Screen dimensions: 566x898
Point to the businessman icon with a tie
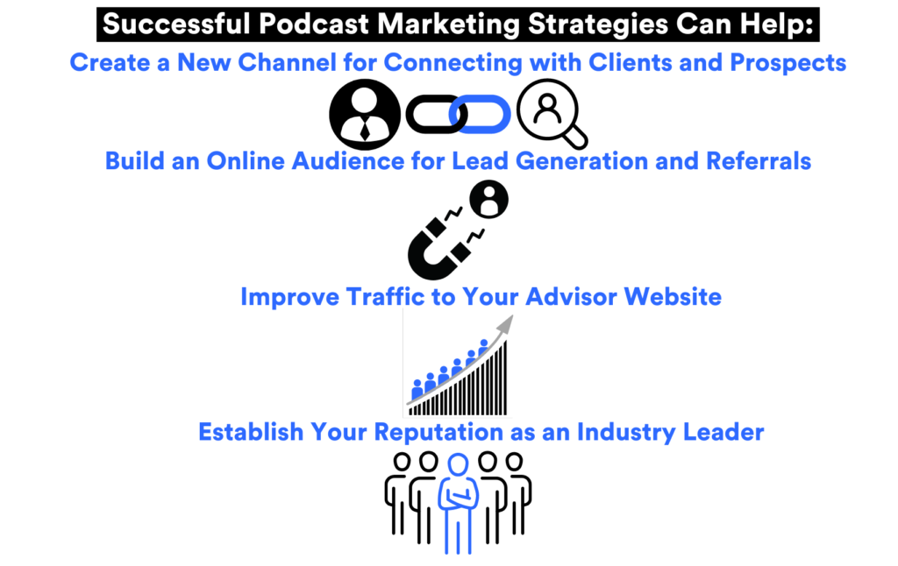[x=365, y=115]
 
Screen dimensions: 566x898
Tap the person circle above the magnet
[x=488, y=201]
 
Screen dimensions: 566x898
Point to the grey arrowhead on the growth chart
[x=504, y=325]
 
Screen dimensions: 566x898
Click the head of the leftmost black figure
[x=403, y=461]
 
